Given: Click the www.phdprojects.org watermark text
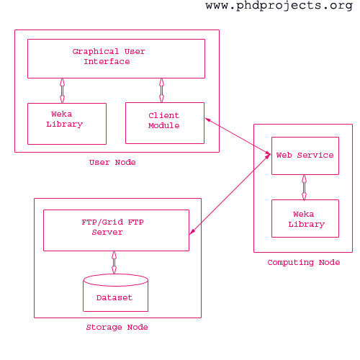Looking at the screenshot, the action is (279, 6).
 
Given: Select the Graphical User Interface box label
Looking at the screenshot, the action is (109, 57).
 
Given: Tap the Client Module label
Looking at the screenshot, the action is (164, 121).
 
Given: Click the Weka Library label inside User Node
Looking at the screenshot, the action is (64, 120).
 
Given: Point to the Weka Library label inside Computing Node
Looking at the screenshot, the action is (306, 220).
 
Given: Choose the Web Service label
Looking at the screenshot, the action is (305, 156).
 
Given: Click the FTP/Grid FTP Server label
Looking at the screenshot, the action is (112, 227).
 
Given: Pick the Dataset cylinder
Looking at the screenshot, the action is (115, 293).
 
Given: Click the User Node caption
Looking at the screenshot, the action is (112, 163).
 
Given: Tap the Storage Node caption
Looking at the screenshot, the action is (117, 328).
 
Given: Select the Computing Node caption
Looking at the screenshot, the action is (304, 263).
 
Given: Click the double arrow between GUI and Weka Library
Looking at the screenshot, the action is (62, 91).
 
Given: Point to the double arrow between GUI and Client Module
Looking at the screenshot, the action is (161, 91).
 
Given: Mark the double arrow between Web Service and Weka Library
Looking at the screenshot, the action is (304, 187).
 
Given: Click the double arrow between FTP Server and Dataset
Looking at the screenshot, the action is (114, 263).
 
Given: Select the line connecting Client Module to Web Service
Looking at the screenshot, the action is (238, 136).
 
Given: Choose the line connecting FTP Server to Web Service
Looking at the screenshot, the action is (230, 194).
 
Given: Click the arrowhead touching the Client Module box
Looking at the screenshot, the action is (207, 120).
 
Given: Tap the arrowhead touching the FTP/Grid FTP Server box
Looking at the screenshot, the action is (192, 232).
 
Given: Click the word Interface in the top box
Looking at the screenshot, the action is (107, 62).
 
